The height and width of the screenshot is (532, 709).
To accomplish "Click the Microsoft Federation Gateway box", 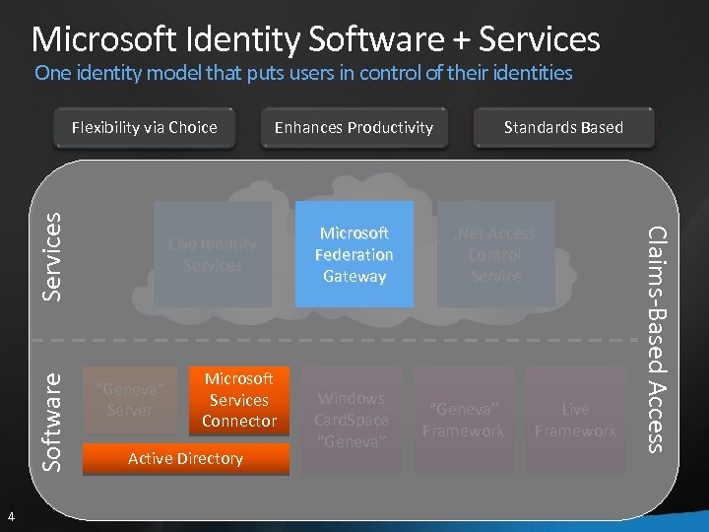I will click(x=354, y=254).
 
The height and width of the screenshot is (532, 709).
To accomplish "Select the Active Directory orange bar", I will click(x=185, y=459).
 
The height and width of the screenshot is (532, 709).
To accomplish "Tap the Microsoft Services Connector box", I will click(x=239, y=400).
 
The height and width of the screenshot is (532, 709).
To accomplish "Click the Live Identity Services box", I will click(x=213, y=254).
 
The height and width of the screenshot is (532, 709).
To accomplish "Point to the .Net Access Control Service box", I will click(x=495, y=254).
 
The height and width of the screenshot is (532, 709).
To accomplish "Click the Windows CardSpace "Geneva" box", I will click(x=352, y=421).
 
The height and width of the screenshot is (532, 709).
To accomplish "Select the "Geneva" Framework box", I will click(x=463, y=421).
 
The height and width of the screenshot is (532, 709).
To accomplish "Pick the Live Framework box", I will click(x=575, y=421).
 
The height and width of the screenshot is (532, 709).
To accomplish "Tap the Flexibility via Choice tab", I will click(x=145, y=127).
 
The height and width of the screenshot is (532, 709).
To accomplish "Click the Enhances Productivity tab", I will click(x=354, y=127).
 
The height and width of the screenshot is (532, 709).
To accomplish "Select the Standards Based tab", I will click(x=563, y=127).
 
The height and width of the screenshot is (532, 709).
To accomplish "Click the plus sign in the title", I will click(x=463, y=40).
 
